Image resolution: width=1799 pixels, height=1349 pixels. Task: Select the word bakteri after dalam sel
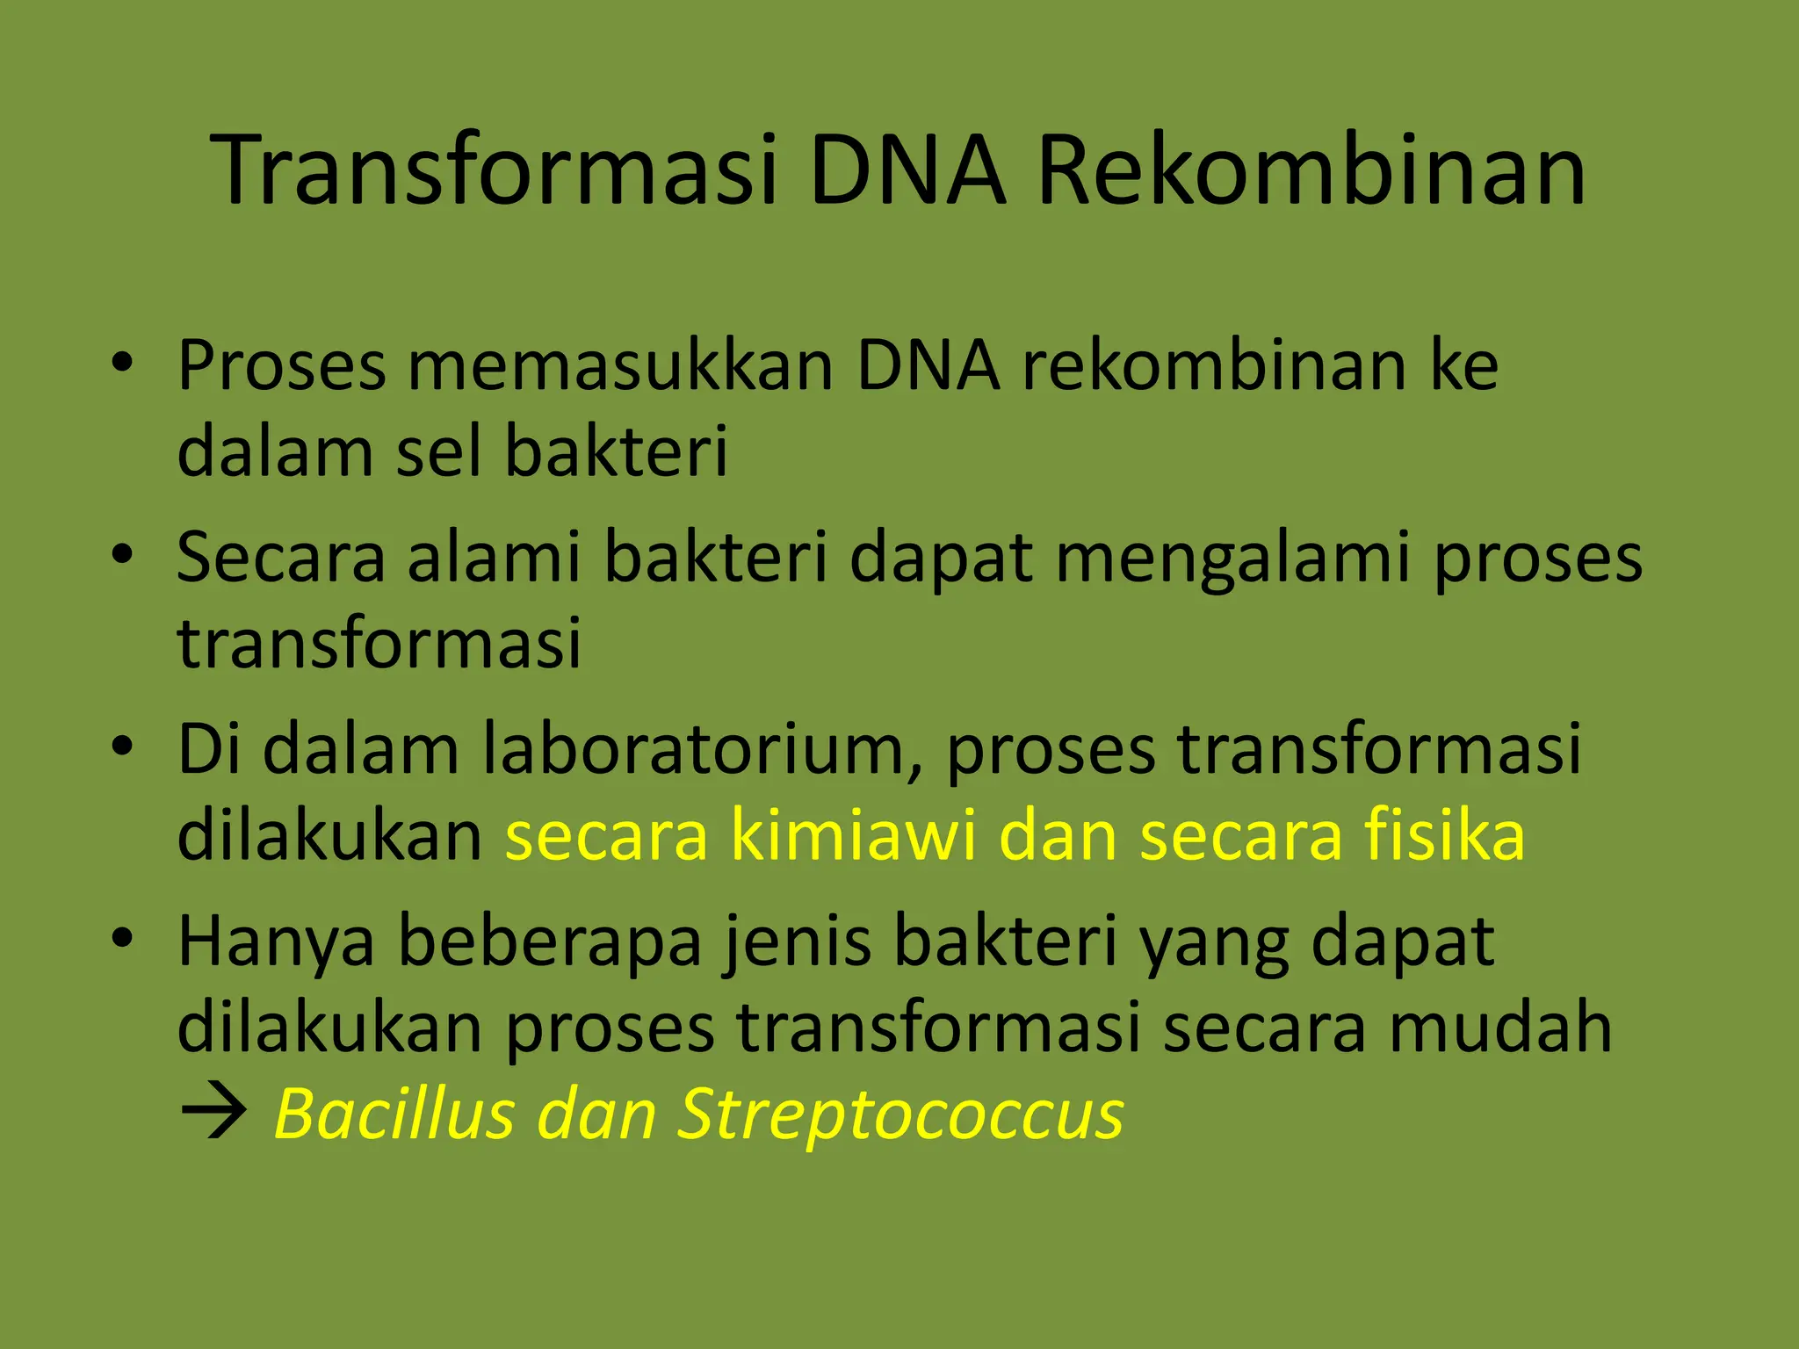tap(617, 451)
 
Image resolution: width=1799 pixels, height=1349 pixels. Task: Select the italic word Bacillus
tap(394, 1114)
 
